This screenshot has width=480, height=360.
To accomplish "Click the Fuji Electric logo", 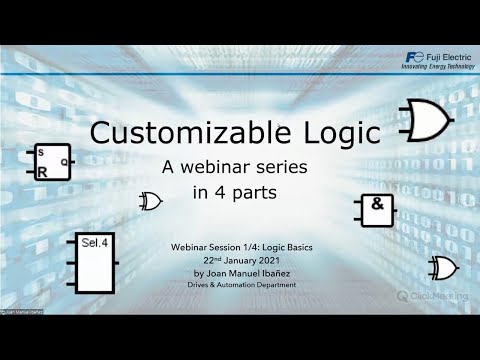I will pyautogui.click(x=415, y=56).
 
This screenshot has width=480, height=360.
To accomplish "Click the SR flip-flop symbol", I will pyautogui.click(x=50, y=162).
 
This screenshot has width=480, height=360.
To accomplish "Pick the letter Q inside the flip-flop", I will pyautogui.click(x=64, y=160).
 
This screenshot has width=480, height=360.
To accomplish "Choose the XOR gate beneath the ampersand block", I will pyautogui.click(x=439, y=267).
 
